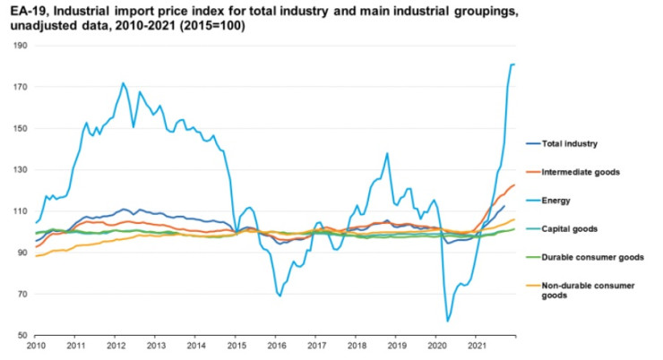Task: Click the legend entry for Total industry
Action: click(569, 142)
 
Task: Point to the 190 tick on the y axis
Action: click(21, 46)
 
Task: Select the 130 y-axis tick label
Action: click(21, 169)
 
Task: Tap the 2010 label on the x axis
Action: click(36, 345)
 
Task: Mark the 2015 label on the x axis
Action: click(235, 345)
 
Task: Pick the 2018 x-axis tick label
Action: click(355, 345)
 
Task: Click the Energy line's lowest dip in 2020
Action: click(447, 321)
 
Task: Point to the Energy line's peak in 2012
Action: click(123, 83)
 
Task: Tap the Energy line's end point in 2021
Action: click(514, 64)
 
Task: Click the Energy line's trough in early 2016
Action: click(280, 295)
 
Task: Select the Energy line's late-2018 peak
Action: click(387, 153)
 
